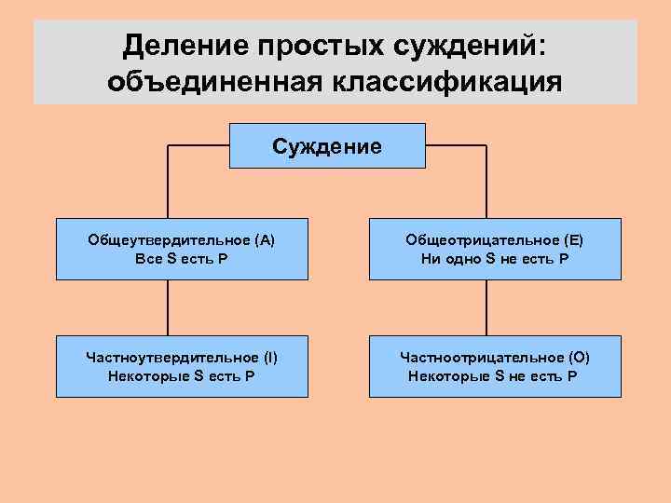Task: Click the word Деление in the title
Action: pyautogui.click(x=178, y=45)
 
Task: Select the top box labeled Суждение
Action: pyautogui.click(x=327, y=146)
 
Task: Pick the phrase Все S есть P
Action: pyautogui.click(x=181, y=258)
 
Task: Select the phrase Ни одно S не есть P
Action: pyautogui.click(x=494, y=258)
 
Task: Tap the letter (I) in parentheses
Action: pyautogui.click(x=269, y=358)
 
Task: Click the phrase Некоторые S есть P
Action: pyautogui.click(x=181, y=376)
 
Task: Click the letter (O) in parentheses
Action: pyautogui.click(x=578, y=358)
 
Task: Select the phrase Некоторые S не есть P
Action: pyautogui.click(x=493, y=376)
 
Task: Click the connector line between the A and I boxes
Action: pyautogui.click(x=169, y=308)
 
